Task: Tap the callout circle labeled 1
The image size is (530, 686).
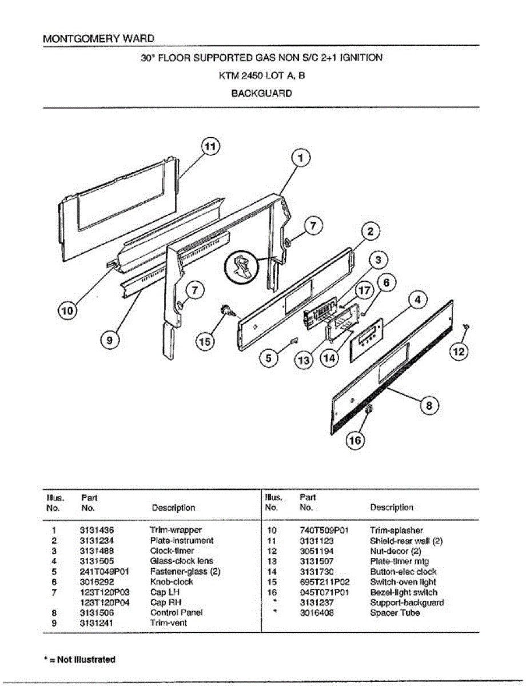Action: coord(301,157)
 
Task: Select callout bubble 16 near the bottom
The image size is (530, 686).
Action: coord(355,440)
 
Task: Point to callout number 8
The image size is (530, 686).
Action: coord(430,406)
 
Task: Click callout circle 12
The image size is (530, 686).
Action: coord(459,352)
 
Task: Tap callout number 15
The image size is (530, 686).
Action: coord(204,342)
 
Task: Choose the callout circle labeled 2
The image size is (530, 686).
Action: coord(370,232)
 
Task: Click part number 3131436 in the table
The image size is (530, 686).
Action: coord(97,531)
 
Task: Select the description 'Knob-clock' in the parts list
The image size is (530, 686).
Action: coord(172,582)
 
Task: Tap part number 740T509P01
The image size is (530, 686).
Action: coord(324,531)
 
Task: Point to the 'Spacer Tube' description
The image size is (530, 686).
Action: coord(395,613)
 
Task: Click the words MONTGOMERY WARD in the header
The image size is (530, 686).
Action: coord(98,39)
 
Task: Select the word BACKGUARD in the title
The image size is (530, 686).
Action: coord(261,93)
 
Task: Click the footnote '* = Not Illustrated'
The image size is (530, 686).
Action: coord(79,659)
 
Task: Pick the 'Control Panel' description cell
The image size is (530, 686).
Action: coord(176,613)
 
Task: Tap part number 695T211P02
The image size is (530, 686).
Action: coord(324,582)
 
